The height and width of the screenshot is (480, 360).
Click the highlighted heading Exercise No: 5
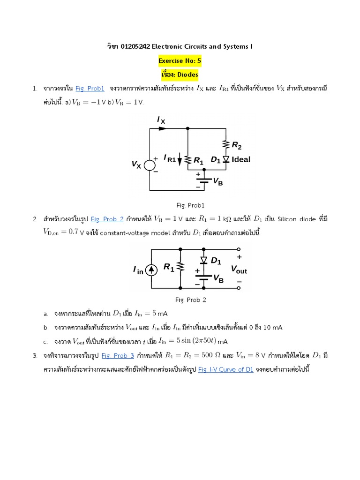180,60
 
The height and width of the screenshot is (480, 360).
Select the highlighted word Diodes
186,74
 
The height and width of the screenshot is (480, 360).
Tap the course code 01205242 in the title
135,46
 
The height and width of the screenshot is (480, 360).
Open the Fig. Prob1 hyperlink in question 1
90,88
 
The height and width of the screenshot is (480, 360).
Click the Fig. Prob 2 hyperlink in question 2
107,219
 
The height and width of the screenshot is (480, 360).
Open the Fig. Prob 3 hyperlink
118,355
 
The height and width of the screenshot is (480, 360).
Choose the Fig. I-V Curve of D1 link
225,369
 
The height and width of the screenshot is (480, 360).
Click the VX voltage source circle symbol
150,165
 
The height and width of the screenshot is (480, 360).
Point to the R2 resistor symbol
226,144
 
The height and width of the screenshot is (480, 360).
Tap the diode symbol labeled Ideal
225,159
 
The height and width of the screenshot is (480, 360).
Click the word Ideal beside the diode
241,159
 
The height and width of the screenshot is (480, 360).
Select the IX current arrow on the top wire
163,128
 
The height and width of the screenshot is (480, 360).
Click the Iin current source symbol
151,270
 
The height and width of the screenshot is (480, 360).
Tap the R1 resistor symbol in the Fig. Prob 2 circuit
181,267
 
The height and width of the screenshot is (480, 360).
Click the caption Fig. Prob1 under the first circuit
190,205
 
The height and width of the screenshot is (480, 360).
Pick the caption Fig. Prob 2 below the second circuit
191,300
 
